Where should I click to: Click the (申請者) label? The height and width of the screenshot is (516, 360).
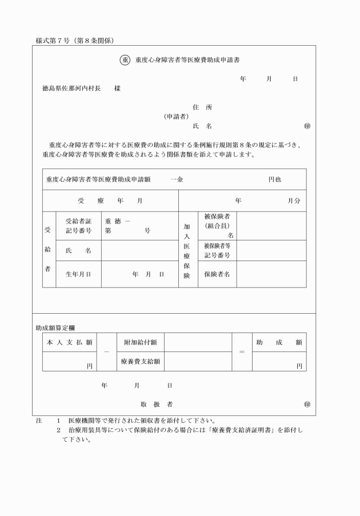click(x=177, y=117)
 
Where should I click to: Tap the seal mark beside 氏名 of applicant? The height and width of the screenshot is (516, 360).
click(x=307, y=126)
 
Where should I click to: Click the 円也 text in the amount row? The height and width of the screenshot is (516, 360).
click(x=275, y=179)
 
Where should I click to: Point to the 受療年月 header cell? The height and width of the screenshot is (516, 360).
click(x=110, y=201)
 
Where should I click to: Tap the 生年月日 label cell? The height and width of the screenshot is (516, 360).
click(x=78, y=274)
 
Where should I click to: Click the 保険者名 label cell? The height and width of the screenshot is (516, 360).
click(x=217, y=274)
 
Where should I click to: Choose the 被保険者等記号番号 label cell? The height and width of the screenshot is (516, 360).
click(x=217, y=250)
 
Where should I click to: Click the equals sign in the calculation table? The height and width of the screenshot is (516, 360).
click(x=242, y=351)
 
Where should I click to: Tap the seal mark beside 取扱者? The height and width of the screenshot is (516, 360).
click(x=307, y=404)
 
